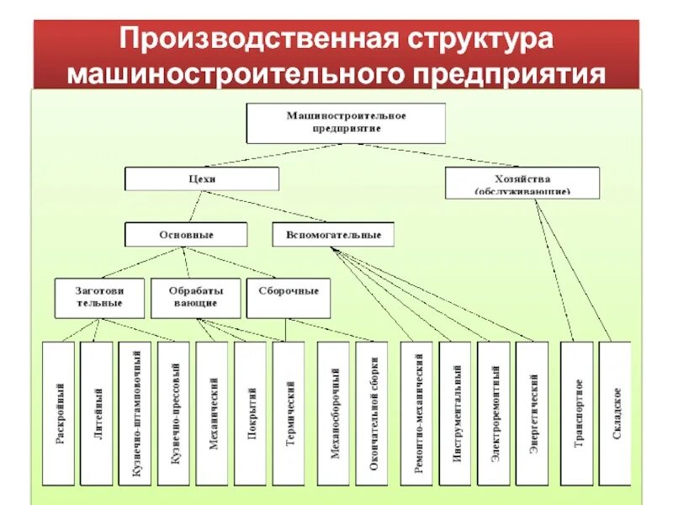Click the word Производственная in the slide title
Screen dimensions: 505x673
pos(252,40)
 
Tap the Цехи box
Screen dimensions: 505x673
pos(202,178)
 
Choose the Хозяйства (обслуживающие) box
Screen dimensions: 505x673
pos(522,183)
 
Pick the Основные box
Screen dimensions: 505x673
pos(186,234)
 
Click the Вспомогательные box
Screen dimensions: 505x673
pos(333,234)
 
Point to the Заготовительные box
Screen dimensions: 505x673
pos(100,297)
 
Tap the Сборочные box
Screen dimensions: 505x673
pos(289,297)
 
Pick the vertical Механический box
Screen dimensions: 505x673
pos(214,413)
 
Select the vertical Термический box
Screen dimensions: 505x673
pos(289,413)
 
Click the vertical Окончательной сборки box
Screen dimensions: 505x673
pos(372,413)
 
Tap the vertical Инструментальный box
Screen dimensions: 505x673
pos(456,413)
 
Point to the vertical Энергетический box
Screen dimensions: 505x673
pos(533,413)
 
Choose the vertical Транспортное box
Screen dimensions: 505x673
pos(578,413)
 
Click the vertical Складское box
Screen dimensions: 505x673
pos(617,413)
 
